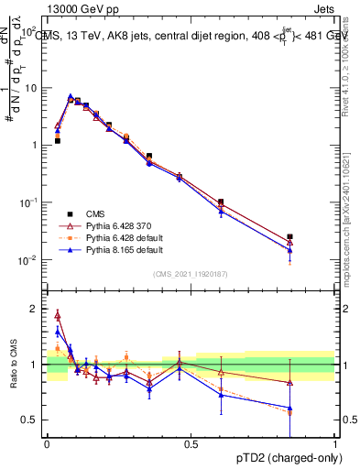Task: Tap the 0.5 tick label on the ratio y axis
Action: pos(30,420)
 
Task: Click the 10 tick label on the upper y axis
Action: pos(30,88)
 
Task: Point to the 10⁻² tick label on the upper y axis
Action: pos(27,260)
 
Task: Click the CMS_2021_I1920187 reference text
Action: pos(190,274)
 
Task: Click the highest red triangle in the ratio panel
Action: pos(58,315)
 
